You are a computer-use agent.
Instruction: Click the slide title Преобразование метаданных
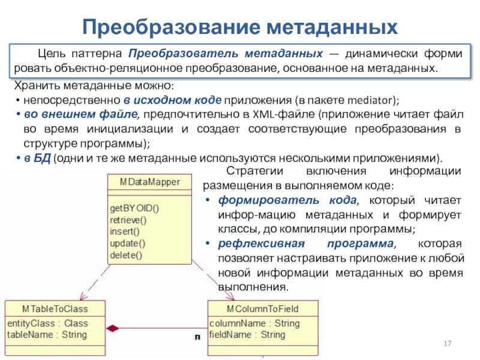[x=240, y=26]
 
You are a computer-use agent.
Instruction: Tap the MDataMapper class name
[x=149, y=182]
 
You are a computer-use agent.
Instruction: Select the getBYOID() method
[x=134, y=208]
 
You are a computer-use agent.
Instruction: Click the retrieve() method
[x=128, y=220]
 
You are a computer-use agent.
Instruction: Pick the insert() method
[x=125, y=232]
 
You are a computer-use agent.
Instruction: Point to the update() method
[x=128, y=243]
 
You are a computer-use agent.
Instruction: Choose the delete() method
[x=127, y=255]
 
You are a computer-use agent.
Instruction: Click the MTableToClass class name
[x=55, y=309]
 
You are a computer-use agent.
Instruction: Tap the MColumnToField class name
[x=262, y=309]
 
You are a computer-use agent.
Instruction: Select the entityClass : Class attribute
[x=47, y=323]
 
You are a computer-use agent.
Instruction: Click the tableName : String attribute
[x=47, y=334]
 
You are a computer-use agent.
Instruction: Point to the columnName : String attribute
[x=254, y=323]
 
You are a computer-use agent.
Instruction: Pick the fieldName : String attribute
[x=247, y=334]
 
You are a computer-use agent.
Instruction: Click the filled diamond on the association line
[x=113, y=328]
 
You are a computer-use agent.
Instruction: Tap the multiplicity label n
[x=197, y=337]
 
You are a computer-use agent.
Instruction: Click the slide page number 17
[x=446, y=344]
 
